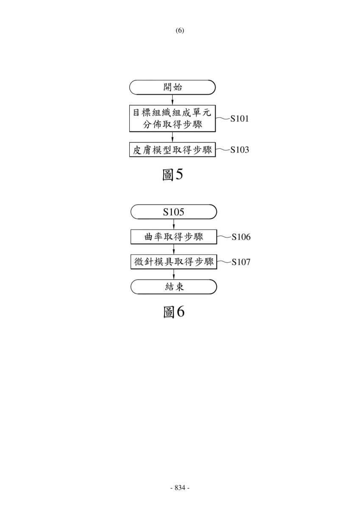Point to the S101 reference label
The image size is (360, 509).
click(240, 118)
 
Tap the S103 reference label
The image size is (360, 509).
click(240, 149)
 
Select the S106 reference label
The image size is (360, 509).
click(241, 237)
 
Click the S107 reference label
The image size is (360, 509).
click(241, 262)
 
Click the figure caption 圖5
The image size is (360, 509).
click(173, 174)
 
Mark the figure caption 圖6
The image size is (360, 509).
click(174, 311)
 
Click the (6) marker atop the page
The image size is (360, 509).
click(180, 31)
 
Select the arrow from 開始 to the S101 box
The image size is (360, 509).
click(173, 100)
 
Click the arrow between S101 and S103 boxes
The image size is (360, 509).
click(173, 137)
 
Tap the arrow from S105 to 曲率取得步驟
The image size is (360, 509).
click(174, 224)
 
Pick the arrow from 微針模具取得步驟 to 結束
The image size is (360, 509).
click(174, 274)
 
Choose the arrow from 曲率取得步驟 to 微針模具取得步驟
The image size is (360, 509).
click(174, 249)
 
